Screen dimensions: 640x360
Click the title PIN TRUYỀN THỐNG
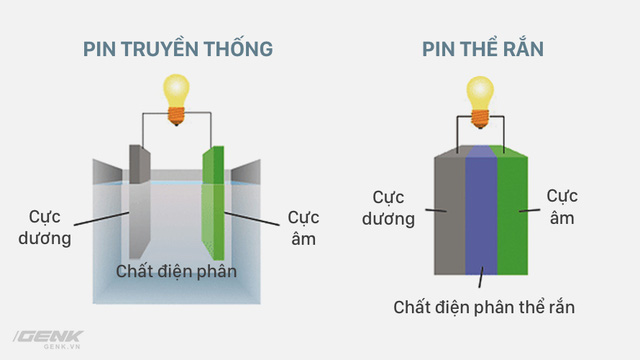pos(178,48)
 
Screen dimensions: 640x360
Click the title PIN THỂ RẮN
pos(483,48)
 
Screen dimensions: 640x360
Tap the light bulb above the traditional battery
pos(176,100)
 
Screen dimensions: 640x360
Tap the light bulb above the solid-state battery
pos(480,102)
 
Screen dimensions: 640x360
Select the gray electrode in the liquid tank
pos(140,202)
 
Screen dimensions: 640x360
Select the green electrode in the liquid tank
pos(213,203)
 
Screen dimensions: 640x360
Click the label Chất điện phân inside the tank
pos(176,271)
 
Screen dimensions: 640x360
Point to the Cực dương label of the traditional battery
pos(45,227)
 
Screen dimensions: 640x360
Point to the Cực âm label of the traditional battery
pos(303,228)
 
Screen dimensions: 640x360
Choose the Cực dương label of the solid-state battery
pos(388,208)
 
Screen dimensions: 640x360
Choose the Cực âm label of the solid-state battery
pos(562,207)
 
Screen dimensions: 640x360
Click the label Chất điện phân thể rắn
pos(484,307)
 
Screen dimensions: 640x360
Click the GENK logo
pos(49,337)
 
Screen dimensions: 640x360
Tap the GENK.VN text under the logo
pos(62,347)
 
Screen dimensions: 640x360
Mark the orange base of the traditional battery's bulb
pos(176,116)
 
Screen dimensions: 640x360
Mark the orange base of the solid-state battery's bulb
pos(480,119)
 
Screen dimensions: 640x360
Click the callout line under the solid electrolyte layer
pos(481,277)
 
